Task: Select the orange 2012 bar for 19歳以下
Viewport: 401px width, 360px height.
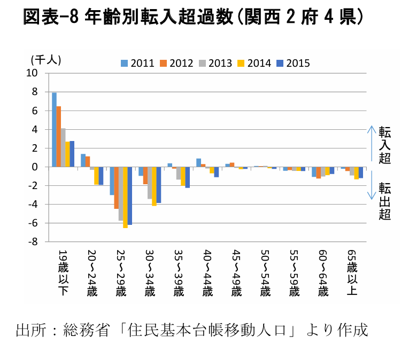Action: pos(59,137)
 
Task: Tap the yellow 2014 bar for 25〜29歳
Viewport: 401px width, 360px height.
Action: pos(125,198)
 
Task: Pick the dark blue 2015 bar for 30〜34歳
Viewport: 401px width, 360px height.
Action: pos(159,185)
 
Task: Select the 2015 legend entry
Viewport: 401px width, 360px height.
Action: pos(294,64)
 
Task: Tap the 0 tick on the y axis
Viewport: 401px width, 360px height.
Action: pos(35,167)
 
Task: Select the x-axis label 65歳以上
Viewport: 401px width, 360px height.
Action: pos(353,272)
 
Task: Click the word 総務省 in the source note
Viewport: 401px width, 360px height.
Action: pos(86,330)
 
